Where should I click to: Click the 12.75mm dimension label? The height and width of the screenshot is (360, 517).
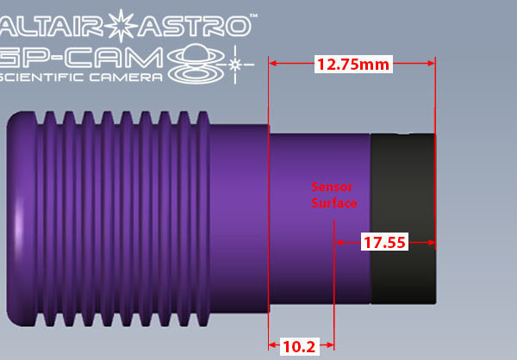coord(352,64)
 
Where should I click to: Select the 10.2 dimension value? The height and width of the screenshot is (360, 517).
coord(298,346)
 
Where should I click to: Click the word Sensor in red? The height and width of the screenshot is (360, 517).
coord(332,186)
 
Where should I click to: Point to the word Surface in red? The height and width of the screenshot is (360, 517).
coord(333,202)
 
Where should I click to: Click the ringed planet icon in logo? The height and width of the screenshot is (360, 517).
coord(200,65)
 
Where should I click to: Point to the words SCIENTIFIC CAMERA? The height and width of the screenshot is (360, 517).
coord(81,78)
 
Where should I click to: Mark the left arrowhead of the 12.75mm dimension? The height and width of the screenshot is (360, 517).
coord(273,64)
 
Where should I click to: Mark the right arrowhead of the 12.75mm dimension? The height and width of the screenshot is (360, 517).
coord(432,64)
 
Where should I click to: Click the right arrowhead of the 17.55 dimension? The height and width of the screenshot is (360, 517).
coord(432,243)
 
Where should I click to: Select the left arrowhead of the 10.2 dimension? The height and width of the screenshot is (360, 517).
coord(273,346)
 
